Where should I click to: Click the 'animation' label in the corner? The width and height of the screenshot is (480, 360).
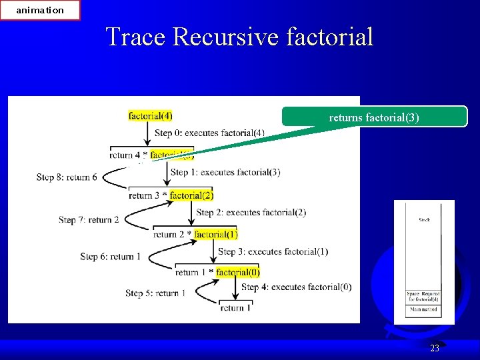(x=40, y=10)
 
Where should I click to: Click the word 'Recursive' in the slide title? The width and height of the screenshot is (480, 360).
(x=227, y=37)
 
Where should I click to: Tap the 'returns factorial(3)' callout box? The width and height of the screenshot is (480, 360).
(x=374, y=117)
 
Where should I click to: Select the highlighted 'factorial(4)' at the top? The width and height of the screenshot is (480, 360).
(x=150, y=116)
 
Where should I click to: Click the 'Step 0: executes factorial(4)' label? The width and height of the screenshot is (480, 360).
(x=209, y=133)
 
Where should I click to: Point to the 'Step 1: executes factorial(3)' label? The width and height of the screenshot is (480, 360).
(x=225, y=172)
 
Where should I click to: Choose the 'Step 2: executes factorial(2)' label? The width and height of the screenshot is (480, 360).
(x=251, y=212)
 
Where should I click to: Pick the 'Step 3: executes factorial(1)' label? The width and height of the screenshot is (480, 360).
(x=273, y=251)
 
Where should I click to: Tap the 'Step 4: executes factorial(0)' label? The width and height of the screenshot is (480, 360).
(x=296, y=287)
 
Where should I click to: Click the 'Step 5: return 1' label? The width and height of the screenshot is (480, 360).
(x=155, y=293)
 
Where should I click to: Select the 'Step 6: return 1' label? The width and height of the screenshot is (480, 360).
(x=110, y=257)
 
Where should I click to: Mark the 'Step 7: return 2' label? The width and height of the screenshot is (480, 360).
(x=89, y=219)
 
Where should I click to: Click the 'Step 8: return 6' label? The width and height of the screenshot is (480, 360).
(x=67, y=177)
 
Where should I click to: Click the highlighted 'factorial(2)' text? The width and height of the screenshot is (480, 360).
(x=191, y=195)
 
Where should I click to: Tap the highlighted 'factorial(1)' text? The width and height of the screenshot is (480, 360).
(x=215, y=234)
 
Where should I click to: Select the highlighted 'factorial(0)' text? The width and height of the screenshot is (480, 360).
(x=238, y=272)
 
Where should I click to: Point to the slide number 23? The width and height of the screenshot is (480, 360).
(x=435, y=348)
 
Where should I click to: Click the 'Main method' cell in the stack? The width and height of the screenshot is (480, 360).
(x=424, y=309)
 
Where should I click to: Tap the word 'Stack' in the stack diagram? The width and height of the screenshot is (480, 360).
(x=424, y=219)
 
